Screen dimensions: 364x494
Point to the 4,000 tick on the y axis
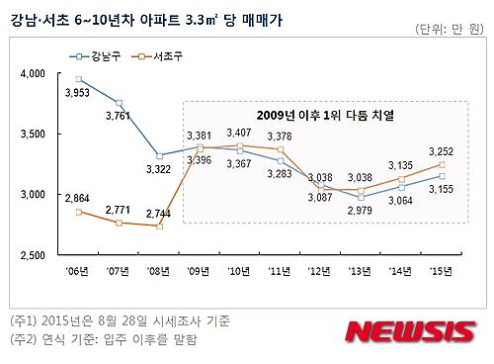coord(33,73)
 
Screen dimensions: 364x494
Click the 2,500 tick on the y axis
coord(33,255)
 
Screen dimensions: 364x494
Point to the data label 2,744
coord(157,214)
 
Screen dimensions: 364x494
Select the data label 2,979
coord(361,213)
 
